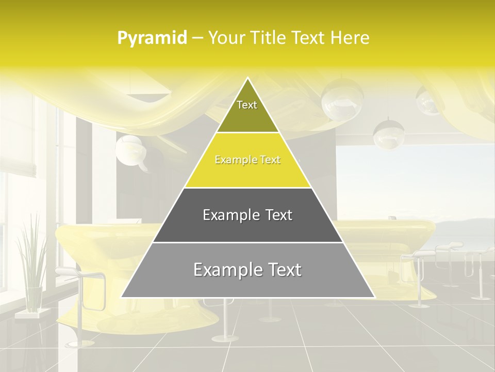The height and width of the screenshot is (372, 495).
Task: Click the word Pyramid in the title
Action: pos(152,38)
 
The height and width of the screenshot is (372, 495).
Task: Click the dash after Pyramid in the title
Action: pos(197,38)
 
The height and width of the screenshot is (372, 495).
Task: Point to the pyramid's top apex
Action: pos(247,79)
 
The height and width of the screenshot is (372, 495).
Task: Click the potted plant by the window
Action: pos(31,269)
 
